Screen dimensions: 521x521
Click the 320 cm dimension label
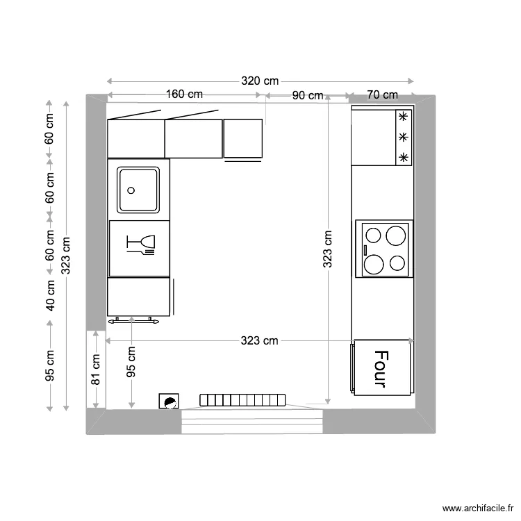pyautogui.click(x=260, y=81)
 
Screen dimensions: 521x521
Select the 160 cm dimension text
pyautogui.click(x=184, y=94)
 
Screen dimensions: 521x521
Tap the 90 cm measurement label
pyautogui.click(x=307, y=95)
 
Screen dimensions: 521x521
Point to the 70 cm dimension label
pyautogui.click(x=381, y=94)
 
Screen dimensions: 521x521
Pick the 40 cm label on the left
pyautogui.click(x=50, y=295)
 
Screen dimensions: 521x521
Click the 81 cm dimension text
pyautogui.click(x=96, y=370)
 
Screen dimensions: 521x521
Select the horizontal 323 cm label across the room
pyautogui.click(x=259, y=340)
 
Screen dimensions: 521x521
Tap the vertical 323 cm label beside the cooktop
pyautogui.click(x=328, y=249)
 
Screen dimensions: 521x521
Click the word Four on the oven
pyautogui.click(x=379, y=369)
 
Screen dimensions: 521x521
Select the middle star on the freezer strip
pyautogui.click(x=403, y=138)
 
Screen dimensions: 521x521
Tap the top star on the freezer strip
pyautogui.click(x=403, y=117)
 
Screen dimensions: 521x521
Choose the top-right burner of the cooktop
pyautogui.click(x=396, y=235)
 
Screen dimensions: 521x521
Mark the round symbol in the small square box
pyautogui.click(x=169, y=401)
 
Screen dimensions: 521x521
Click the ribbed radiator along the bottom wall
pyautogui.click(x=243, y=399)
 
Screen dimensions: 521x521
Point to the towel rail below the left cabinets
pyautogui.click(x=134, y=320)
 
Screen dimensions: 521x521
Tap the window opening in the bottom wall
pyautogui.click(x=252, y=421)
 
